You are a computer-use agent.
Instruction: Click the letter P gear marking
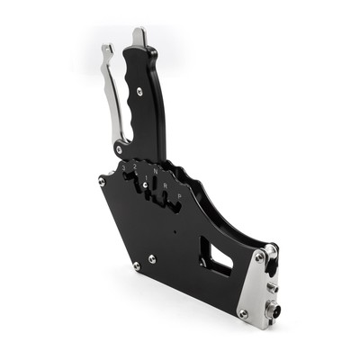tap(178, 195)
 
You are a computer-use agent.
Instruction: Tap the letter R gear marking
tap(166, 185)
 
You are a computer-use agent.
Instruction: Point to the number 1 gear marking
tap(144, 170)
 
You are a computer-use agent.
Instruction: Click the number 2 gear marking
tap(133, 166)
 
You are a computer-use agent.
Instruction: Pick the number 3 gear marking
tap(123, 166)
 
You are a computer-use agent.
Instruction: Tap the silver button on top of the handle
tap(139, 38)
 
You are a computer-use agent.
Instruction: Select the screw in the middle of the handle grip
tap(139, 91)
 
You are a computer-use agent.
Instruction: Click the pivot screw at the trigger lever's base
tap(119, 148)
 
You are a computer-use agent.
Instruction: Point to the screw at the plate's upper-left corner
tap(102, 181)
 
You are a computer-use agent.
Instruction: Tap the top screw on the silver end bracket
tap(259, 256)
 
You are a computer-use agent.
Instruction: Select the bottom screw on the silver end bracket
tap(243, 313)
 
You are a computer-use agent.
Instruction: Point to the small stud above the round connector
tap(272, 289)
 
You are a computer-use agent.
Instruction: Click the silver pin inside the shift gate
tap(148, 186)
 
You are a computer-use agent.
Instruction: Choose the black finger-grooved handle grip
tap(144, 103)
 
